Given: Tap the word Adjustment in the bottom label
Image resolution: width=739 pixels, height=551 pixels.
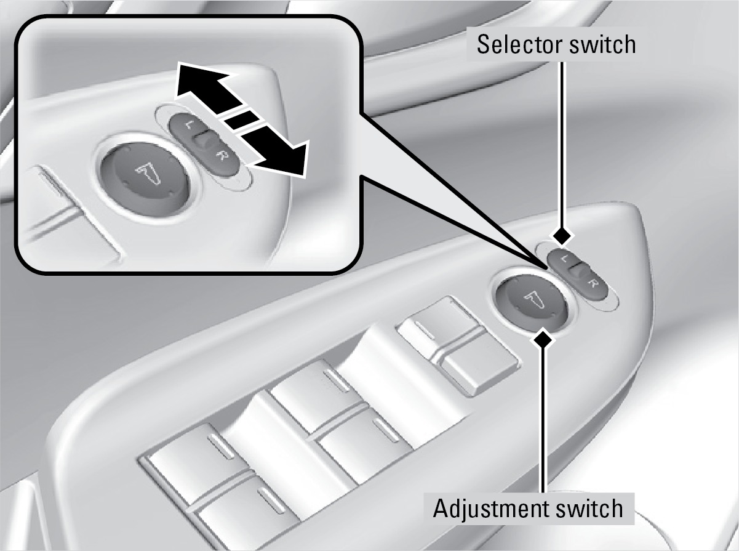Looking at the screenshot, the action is click(x=490, y=510).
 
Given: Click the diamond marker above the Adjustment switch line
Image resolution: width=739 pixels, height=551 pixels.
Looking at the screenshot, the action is click(x=542, y=340).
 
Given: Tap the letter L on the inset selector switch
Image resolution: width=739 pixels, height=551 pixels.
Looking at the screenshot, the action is click(x=188, y=124).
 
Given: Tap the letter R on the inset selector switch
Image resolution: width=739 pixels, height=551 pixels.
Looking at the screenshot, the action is click(x=221, y=156).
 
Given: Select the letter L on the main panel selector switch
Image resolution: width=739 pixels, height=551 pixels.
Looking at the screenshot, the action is click(x=562, y=259).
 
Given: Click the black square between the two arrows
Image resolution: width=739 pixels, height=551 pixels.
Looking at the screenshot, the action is click(x=242, y=119).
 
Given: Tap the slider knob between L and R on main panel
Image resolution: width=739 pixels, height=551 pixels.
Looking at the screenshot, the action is click(x=577, y=270).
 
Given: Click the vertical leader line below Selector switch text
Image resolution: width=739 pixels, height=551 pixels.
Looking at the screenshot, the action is click(x=561, y=144).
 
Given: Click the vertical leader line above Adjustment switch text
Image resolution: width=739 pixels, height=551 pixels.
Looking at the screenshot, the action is click(x=542, y=421).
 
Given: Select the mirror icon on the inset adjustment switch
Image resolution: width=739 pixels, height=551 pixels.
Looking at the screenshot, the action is click(x=149, y=173).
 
